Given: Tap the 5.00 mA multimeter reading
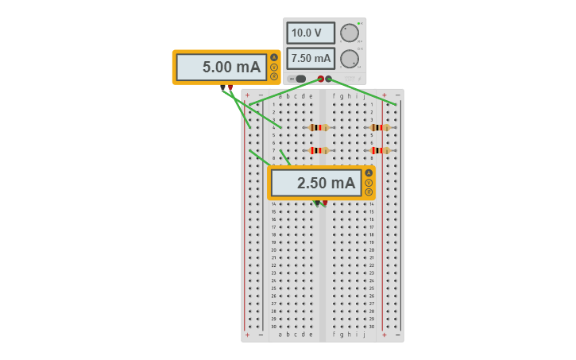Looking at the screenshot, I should click(x=222, y=68).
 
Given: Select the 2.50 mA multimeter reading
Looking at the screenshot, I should click(x=316, y=184).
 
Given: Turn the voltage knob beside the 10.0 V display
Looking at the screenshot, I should click(x=349, y=33).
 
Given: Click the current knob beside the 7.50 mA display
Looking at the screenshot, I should click(x=349, y=59).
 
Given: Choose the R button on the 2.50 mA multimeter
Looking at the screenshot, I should click(x=369, y=192).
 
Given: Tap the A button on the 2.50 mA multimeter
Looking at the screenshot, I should click(x=369, y=173).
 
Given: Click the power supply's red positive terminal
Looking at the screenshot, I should click(x=321, y=79).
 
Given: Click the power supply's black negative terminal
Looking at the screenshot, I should click(x=329, y=79).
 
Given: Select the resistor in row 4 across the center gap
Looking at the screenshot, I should click(x=319, y=127).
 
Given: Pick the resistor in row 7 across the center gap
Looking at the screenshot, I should click(x=319, y=150).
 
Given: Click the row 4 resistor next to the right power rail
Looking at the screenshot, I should click(x=380, y=127).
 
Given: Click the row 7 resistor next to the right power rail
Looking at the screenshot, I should click(x=380, y=150).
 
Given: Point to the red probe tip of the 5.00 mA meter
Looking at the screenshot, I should click(x=230, y=87).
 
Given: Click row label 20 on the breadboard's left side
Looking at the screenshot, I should click(x=273, y=250).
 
